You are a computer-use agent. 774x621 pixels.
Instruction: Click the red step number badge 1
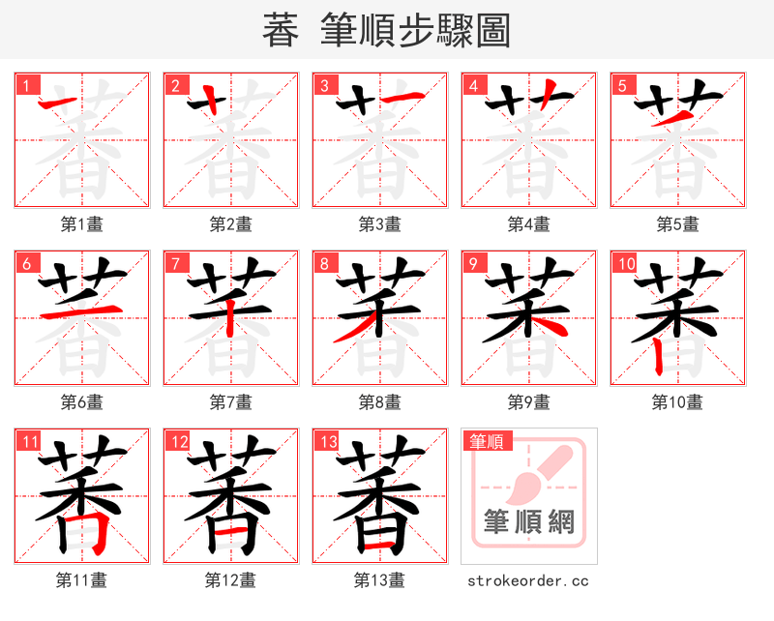pyautogui.click(x=24, y=85)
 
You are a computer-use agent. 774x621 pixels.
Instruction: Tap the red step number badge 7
pyautogui.click(x=174, y=263)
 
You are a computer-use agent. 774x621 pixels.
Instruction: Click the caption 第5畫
pyautogui.click(x=677, y=224)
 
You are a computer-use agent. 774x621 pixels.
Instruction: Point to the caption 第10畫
pyautogui.click(x=677, y=402)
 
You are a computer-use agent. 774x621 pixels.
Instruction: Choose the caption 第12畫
pyautogui.click(x=230, y=580)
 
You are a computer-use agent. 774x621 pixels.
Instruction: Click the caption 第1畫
pyautogui.click(x=81, y=224)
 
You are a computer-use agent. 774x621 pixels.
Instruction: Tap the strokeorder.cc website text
pyautogui.click(x=527, y=581)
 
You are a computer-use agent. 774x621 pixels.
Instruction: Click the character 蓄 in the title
pyautogui.click(x=281, y=31)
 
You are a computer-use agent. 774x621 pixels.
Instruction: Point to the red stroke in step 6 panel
pyautogui.click(x=82, y=312)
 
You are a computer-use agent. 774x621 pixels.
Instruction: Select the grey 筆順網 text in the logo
pyautogui.click(x=529, y=522)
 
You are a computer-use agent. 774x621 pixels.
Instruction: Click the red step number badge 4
pyautogui.click(x=472, y=85)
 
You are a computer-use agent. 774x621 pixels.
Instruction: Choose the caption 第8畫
pyautogui.click(x=379, y=402)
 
